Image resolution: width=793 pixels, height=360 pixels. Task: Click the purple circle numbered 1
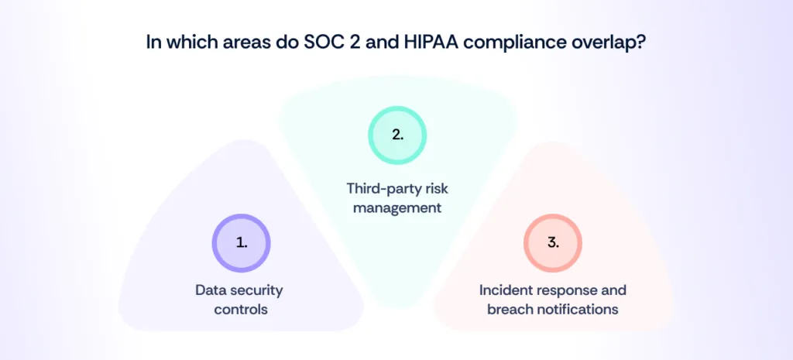pyautogui.click(x=241, y=242)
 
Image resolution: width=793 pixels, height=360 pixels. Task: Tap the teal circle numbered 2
pyautogui.click(x=396, y=134)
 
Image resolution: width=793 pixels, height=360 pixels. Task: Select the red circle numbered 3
pyautogui.click(x=552, y=242)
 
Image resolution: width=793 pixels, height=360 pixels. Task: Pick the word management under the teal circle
pyautogui.click(x=396, y=207)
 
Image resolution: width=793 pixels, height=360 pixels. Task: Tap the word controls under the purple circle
pyautogui.click(x=241, y=309)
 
